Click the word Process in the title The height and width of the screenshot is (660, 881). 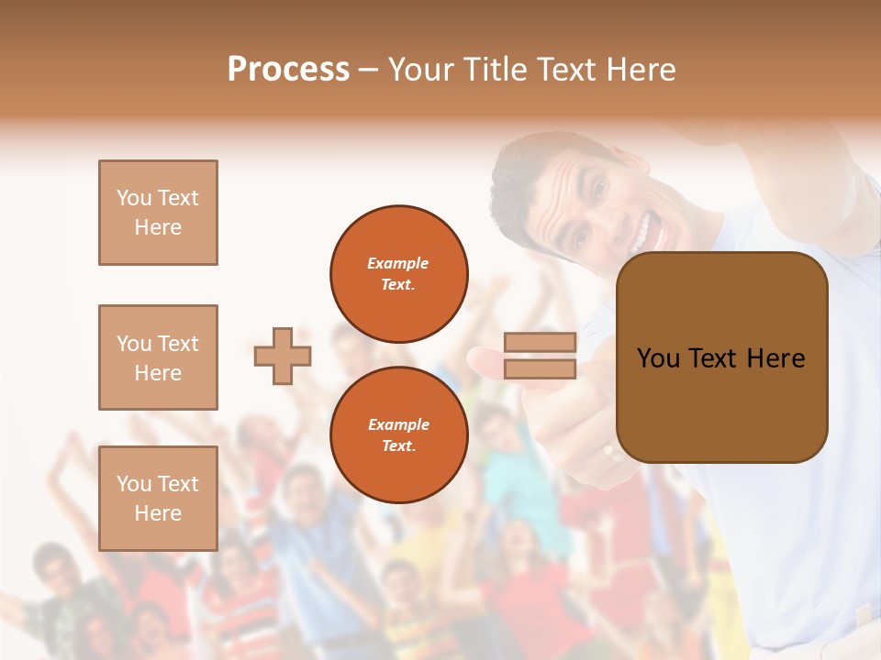tap(288, 70)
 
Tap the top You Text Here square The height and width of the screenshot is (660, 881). tap(158, 213)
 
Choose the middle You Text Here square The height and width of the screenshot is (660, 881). tap(158, 357)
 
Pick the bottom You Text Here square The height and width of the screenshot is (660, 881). tap(158, 498)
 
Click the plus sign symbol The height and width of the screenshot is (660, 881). tap(283, 356)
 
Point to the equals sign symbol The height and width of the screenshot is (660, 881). tap(540, 356)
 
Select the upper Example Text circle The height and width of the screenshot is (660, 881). tap(398, 274)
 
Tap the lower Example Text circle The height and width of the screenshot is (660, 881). tap(398, 435)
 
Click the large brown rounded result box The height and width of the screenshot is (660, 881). tap(721, 357)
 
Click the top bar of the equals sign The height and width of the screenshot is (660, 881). tap(540, 343)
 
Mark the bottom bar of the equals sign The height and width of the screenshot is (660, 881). tap(540, 369)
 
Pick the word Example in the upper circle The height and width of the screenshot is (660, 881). tap(398, 263)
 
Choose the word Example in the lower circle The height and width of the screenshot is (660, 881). tap(398, 424)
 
